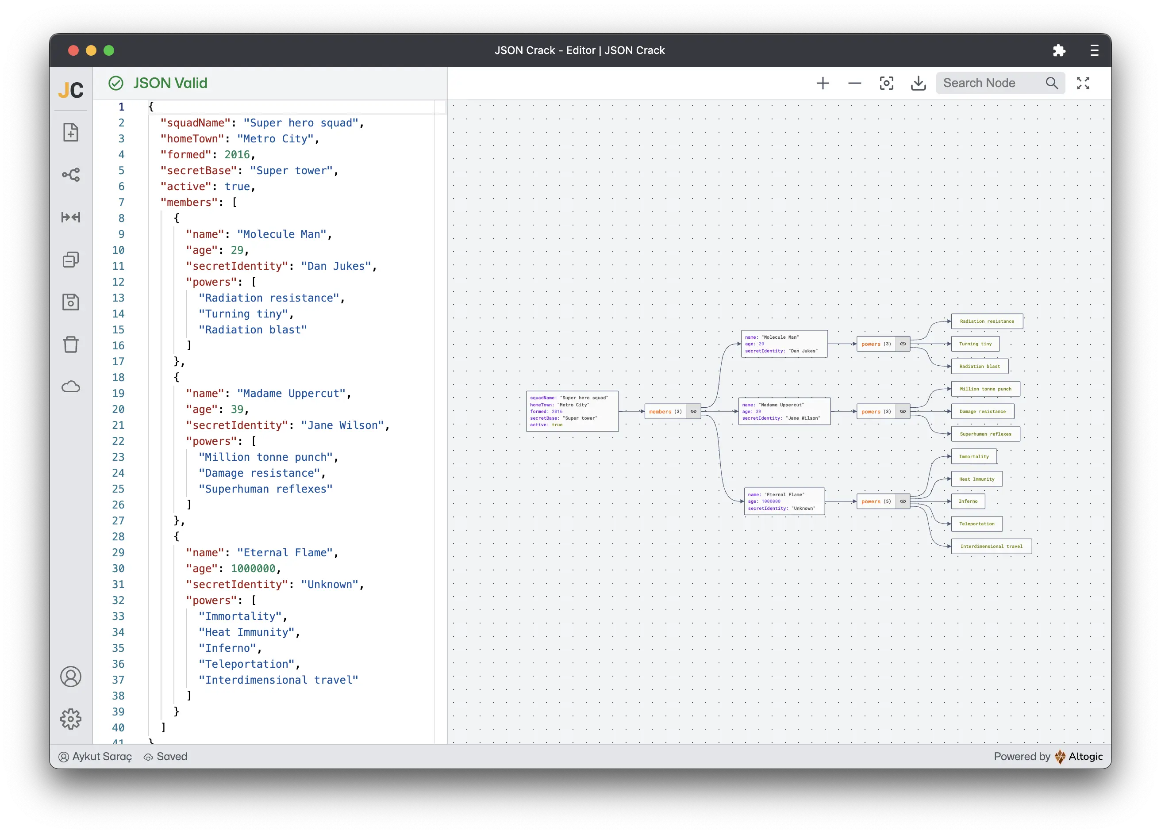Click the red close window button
(x=73, y=50)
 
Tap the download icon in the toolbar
(x=919, y=83)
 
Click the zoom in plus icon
(x=823, y=83)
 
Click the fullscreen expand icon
(x=1083, y=83)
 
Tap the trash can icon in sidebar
(x=71, y=344)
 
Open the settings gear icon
(x=71, y=719)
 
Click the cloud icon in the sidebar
(x=71, y=387)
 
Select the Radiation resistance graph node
(x=986, y=321)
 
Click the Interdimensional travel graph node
(x=991, y=547)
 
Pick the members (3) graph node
(x=665, y=411)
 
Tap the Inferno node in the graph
(x=968, y=501)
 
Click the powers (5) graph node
(x=876, y=501)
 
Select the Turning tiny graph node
(x=975, y=344)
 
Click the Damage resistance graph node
(x=982, y=411)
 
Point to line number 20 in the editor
(x=118, y=409)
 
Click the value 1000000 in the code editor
(x=253, y=568)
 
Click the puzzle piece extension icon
(x=1059, y=50)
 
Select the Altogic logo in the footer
(x=1060, y=757)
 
